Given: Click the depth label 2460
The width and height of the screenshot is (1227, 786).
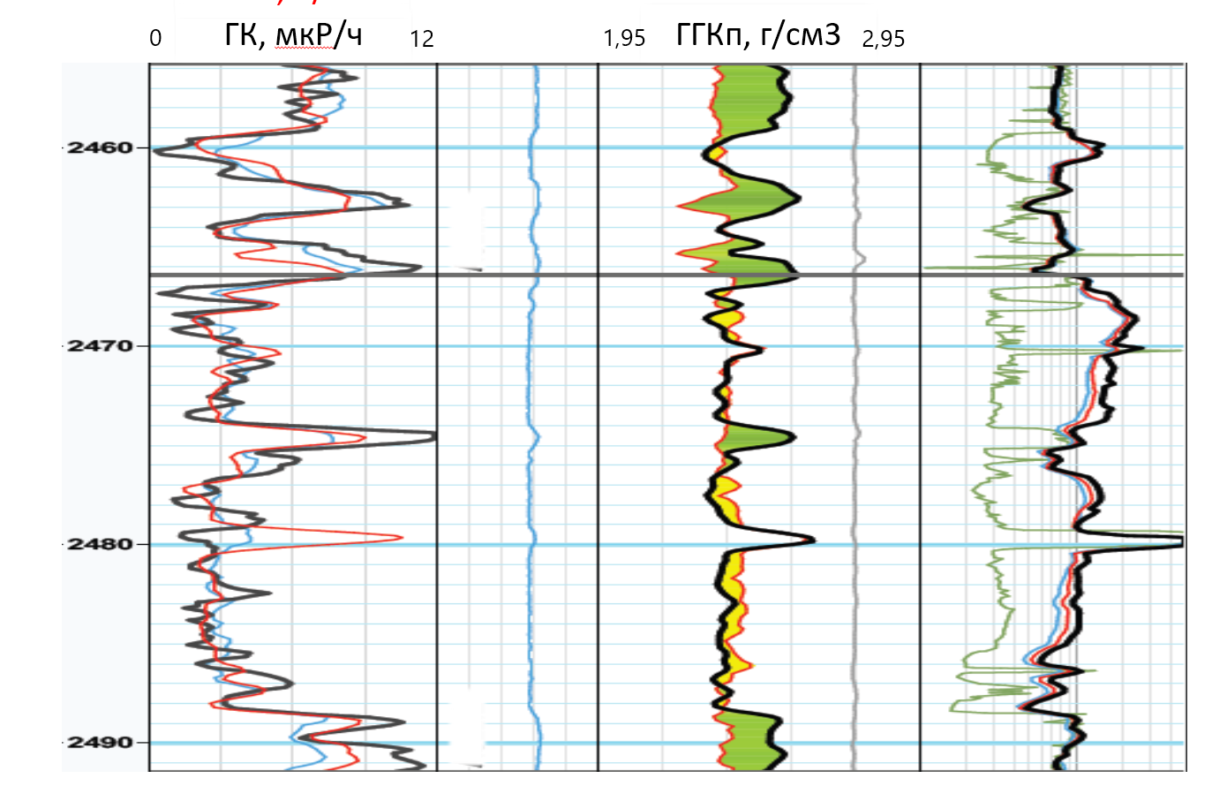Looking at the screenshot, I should pos(98,147).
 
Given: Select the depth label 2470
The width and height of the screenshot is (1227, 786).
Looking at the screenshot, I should pos(98,345).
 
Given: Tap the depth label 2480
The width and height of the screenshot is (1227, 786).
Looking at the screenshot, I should pos(98,544).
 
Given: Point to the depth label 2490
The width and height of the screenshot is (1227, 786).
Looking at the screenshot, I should pos(98,742).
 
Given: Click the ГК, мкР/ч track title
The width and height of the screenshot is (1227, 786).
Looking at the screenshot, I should pos(293,36).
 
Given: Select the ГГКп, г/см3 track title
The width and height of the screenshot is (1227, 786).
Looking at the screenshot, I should pos(757,36).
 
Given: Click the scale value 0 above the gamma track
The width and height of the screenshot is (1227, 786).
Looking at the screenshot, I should pos(156,38).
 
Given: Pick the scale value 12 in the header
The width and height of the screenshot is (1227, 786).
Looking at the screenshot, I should pos(422,38).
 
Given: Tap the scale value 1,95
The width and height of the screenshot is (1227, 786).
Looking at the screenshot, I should pos(624,38).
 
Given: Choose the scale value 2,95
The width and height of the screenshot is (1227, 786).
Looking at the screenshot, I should pos(884,38).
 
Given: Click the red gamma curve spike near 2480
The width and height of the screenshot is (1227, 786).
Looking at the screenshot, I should pos(399,537).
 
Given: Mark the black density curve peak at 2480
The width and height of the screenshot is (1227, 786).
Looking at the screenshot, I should pos(810,540).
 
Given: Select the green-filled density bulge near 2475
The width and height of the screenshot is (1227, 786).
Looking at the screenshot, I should pos(759,438).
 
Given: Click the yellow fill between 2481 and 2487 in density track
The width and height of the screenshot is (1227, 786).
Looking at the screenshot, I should pos(729,609).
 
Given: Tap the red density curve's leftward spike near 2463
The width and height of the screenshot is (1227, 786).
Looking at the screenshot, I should pos(680,207).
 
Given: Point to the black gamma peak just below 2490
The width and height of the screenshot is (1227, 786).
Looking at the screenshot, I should pos(402,722).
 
